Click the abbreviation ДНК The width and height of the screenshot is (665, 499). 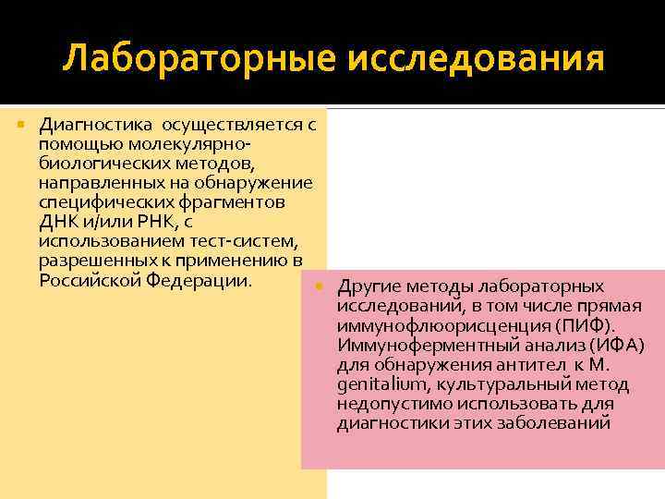[58, 220]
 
